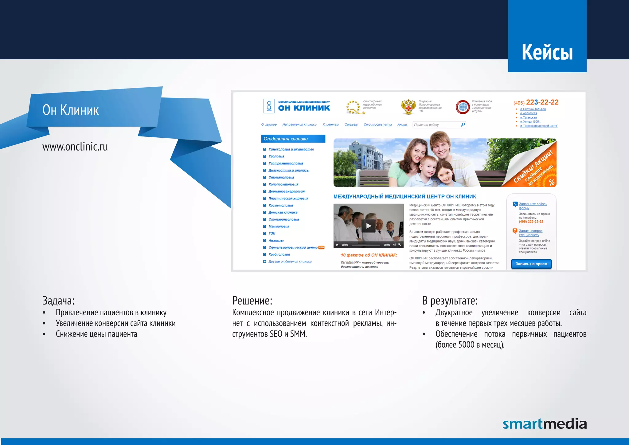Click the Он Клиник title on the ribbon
71,110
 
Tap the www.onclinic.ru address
75,147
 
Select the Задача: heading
58,300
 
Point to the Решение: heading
252,300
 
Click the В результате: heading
450,300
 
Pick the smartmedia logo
544,424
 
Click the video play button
369,226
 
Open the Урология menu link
276,156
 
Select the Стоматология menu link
281,177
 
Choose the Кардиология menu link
279,254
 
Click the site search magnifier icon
463,124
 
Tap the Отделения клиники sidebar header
293,139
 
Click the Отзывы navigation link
351,124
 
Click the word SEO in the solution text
276,334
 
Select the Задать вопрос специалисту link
530,233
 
